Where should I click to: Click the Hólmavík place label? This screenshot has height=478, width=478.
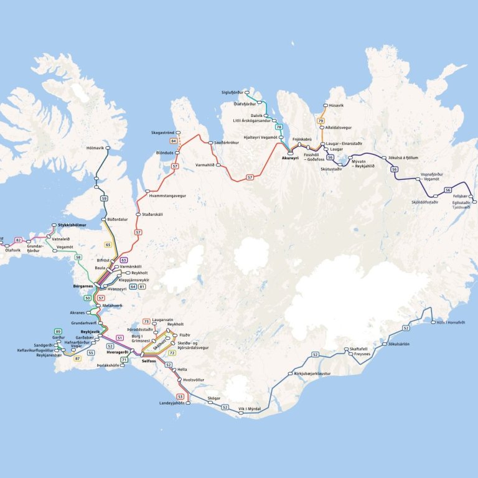(x=95, y=148)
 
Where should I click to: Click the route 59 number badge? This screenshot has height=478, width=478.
(x=104, y=199)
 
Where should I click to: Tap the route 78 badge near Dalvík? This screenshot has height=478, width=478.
(x=279, y=127)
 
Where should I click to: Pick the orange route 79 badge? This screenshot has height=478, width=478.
(x=321, y=121)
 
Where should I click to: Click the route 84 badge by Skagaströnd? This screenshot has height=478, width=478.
(x=174, y=141)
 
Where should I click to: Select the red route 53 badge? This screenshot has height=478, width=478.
(x=180, y=396)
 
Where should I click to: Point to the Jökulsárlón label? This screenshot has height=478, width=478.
(x=399, y=344)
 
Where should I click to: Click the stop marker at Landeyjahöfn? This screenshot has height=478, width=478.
(x=187, y=403)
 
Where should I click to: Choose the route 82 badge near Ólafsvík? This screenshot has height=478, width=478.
(x=18, y=240)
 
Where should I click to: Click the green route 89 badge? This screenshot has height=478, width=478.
(x=58, y=332)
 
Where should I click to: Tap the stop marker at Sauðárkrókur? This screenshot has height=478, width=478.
(x=210, y=143)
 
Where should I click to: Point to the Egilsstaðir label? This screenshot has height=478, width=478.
(x=461, y=202)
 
